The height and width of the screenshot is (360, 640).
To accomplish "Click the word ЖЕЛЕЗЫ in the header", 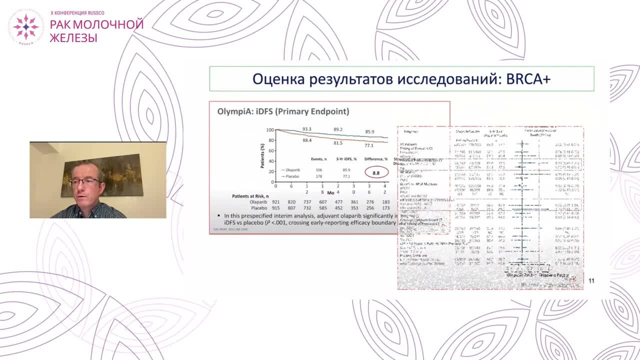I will click(73, 37).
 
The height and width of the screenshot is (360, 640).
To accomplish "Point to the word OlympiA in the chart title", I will click(233, 111).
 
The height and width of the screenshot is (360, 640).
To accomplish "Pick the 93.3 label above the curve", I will click(306, 129).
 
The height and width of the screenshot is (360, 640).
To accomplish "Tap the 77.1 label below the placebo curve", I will click(369, 145).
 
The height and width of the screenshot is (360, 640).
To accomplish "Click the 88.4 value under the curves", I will click(307, 141).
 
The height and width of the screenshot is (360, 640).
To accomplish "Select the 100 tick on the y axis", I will click(270, 130).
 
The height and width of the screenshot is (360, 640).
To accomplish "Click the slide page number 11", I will click(591, 280).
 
